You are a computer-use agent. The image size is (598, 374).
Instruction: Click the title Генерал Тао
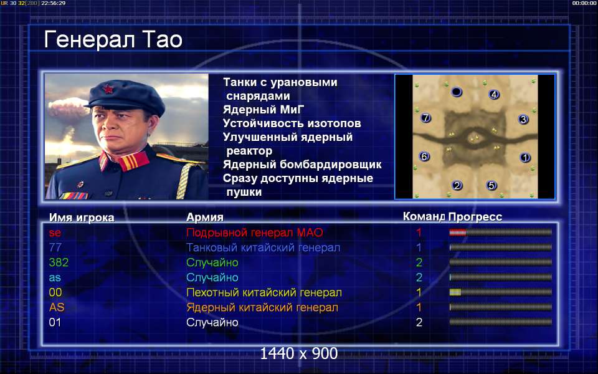[x=113, y=40]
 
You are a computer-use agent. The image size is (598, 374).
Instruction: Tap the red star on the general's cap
[x=108, y=89]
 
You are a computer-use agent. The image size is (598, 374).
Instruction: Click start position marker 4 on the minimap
[x=494, y=94]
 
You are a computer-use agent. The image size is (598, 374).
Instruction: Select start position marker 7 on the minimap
[x=425, y=118]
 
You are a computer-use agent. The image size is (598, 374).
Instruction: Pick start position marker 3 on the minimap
[x=523, y=120]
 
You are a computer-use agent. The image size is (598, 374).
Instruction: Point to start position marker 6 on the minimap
[x=424, y=156]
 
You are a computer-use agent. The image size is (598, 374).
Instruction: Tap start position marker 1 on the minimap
[x=525, y=157]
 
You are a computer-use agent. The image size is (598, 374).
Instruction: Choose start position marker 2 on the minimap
[x=457, y=186]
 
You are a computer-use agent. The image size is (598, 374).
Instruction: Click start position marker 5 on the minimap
[x=491, y=186]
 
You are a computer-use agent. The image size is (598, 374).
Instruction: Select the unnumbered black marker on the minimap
[x=457, y=92]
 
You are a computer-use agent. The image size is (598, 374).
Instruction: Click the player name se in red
[x=55, y=233]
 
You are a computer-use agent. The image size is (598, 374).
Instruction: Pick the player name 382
[x=59, y=262]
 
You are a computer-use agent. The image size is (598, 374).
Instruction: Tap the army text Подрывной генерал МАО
[x=254, y=233]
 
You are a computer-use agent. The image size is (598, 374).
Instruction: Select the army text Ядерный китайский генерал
[x=262, y=307]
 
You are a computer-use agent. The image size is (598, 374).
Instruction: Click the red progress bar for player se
[x=458, y=232]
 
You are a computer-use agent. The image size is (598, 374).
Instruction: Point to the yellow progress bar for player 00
[x=455, y=292]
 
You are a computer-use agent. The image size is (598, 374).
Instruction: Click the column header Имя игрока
[x=82, y=218]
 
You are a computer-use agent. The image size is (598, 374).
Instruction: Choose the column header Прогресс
[x=475, y=217]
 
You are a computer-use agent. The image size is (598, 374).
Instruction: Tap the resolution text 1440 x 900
[x=298, y=354]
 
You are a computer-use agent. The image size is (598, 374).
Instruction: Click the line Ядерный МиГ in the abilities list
[x=263, y=110]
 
